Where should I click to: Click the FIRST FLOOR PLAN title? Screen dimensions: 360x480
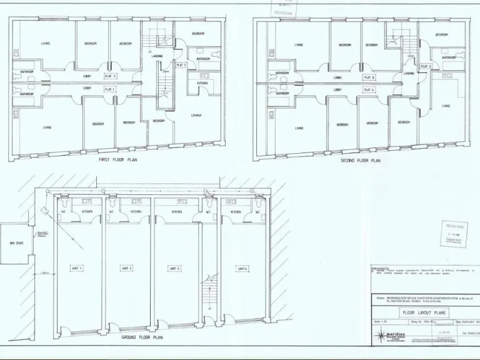[118, 160]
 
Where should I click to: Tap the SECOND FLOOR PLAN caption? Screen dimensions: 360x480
[360, 160]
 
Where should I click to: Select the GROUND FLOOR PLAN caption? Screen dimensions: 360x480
[142, 336]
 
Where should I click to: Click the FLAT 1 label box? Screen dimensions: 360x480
[110, 89]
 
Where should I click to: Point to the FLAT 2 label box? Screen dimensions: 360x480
[110, 76]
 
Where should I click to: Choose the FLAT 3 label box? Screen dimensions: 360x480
[181, 65]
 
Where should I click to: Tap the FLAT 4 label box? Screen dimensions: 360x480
[369, 90]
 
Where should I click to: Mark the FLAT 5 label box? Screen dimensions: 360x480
[369, 78]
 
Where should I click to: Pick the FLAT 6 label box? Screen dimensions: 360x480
[426, 66]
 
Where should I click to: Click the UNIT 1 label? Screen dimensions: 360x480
[77, 268]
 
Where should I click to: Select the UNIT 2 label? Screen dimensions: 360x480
[127, 268]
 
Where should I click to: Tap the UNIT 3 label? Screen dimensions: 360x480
[174, 268]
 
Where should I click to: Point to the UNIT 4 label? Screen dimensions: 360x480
[242, 268]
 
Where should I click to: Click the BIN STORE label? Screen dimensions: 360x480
[16, 243]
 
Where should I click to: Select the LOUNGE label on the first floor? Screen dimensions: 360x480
[196, 116]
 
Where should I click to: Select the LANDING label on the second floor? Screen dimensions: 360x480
[409, 73]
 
